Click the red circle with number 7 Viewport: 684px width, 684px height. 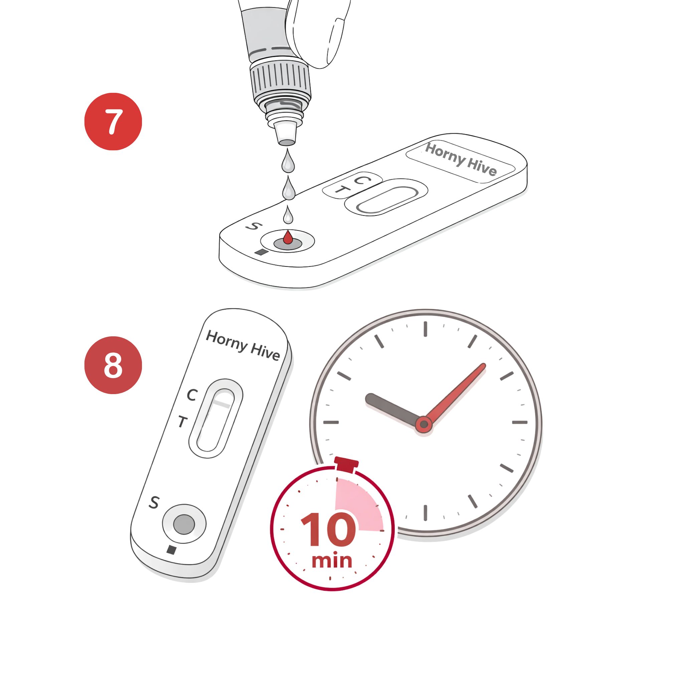(113, 122)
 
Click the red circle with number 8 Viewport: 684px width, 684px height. (113, 365)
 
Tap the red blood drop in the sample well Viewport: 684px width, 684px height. (288, 237)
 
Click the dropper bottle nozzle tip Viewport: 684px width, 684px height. (287, 142)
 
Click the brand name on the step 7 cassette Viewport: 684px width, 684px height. (461, 159)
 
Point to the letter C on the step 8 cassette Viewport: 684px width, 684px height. (192, 395)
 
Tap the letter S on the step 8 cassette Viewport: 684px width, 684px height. (154, 502)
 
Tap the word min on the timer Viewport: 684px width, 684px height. (332, 561)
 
